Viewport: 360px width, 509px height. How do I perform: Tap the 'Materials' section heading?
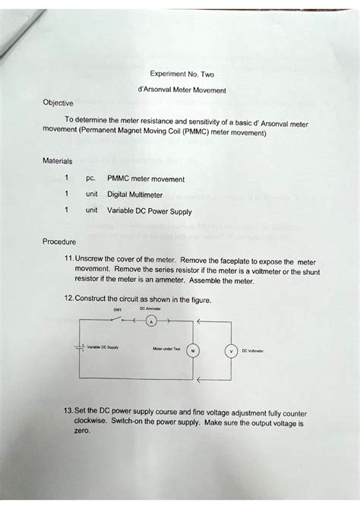pyautogui.click(x=58, y=161)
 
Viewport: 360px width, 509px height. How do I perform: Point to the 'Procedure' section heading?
pyautogui.click(x=60, y=243)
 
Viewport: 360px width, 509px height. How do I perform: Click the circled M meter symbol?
pyautogui.click(x=194, y=350)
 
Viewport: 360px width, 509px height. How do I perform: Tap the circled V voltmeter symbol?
pyautogui.click(x=228, y=351)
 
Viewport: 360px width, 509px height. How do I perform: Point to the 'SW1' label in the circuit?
pyautogui.click(x=118, y=310)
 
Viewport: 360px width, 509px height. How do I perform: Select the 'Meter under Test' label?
pyautogui.click(x=167, y=350)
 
